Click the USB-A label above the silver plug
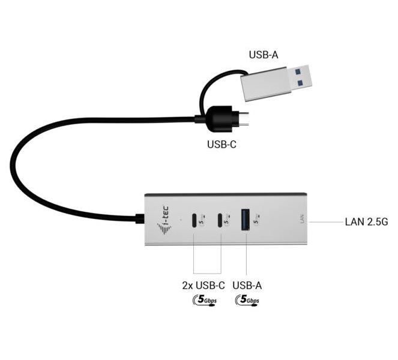tap(264, 55)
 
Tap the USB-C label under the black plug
tap(222, 144)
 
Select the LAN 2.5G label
tap(366, 221)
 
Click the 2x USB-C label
tap(203, 286)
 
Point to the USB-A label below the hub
tap(247, 286)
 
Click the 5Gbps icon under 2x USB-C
tap(204, 300)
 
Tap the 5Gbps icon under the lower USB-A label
tap(247, 300)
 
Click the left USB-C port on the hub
tap(194, 221)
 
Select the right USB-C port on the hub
tap(221, 221)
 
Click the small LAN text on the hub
tap(302, 219)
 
